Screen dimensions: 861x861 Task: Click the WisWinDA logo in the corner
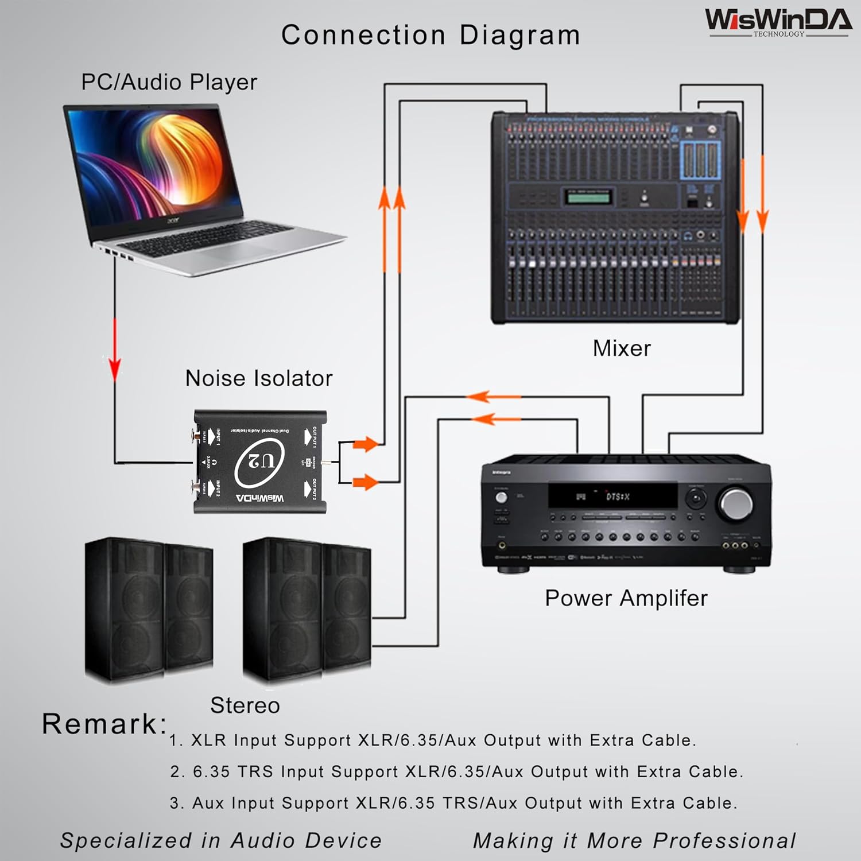(778, 21)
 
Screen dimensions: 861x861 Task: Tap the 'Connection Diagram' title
(430, 35)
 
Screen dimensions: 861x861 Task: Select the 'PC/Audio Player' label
(169, 82)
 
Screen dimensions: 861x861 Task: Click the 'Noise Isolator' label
(258, 378)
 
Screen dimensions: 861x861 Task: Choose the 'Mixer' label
(622, 348)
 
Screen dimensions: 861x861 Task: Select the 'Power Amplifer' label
(626, 598)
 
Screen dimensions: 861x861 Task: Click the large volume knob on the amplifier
(736, 503)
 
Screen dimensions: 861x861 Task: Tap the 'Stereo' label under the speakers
(245, 705)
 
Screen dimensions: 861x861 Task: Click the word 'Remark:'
(104, 724)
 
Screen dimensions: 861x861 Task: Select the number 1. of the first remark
(175, 741)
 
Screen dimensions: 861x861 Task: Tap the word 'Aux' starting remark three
(208, 803)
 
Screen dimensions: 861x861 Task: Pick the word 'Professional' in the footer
(724, 841)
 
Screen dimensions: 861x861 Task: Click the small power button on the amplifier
(502, 497)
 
